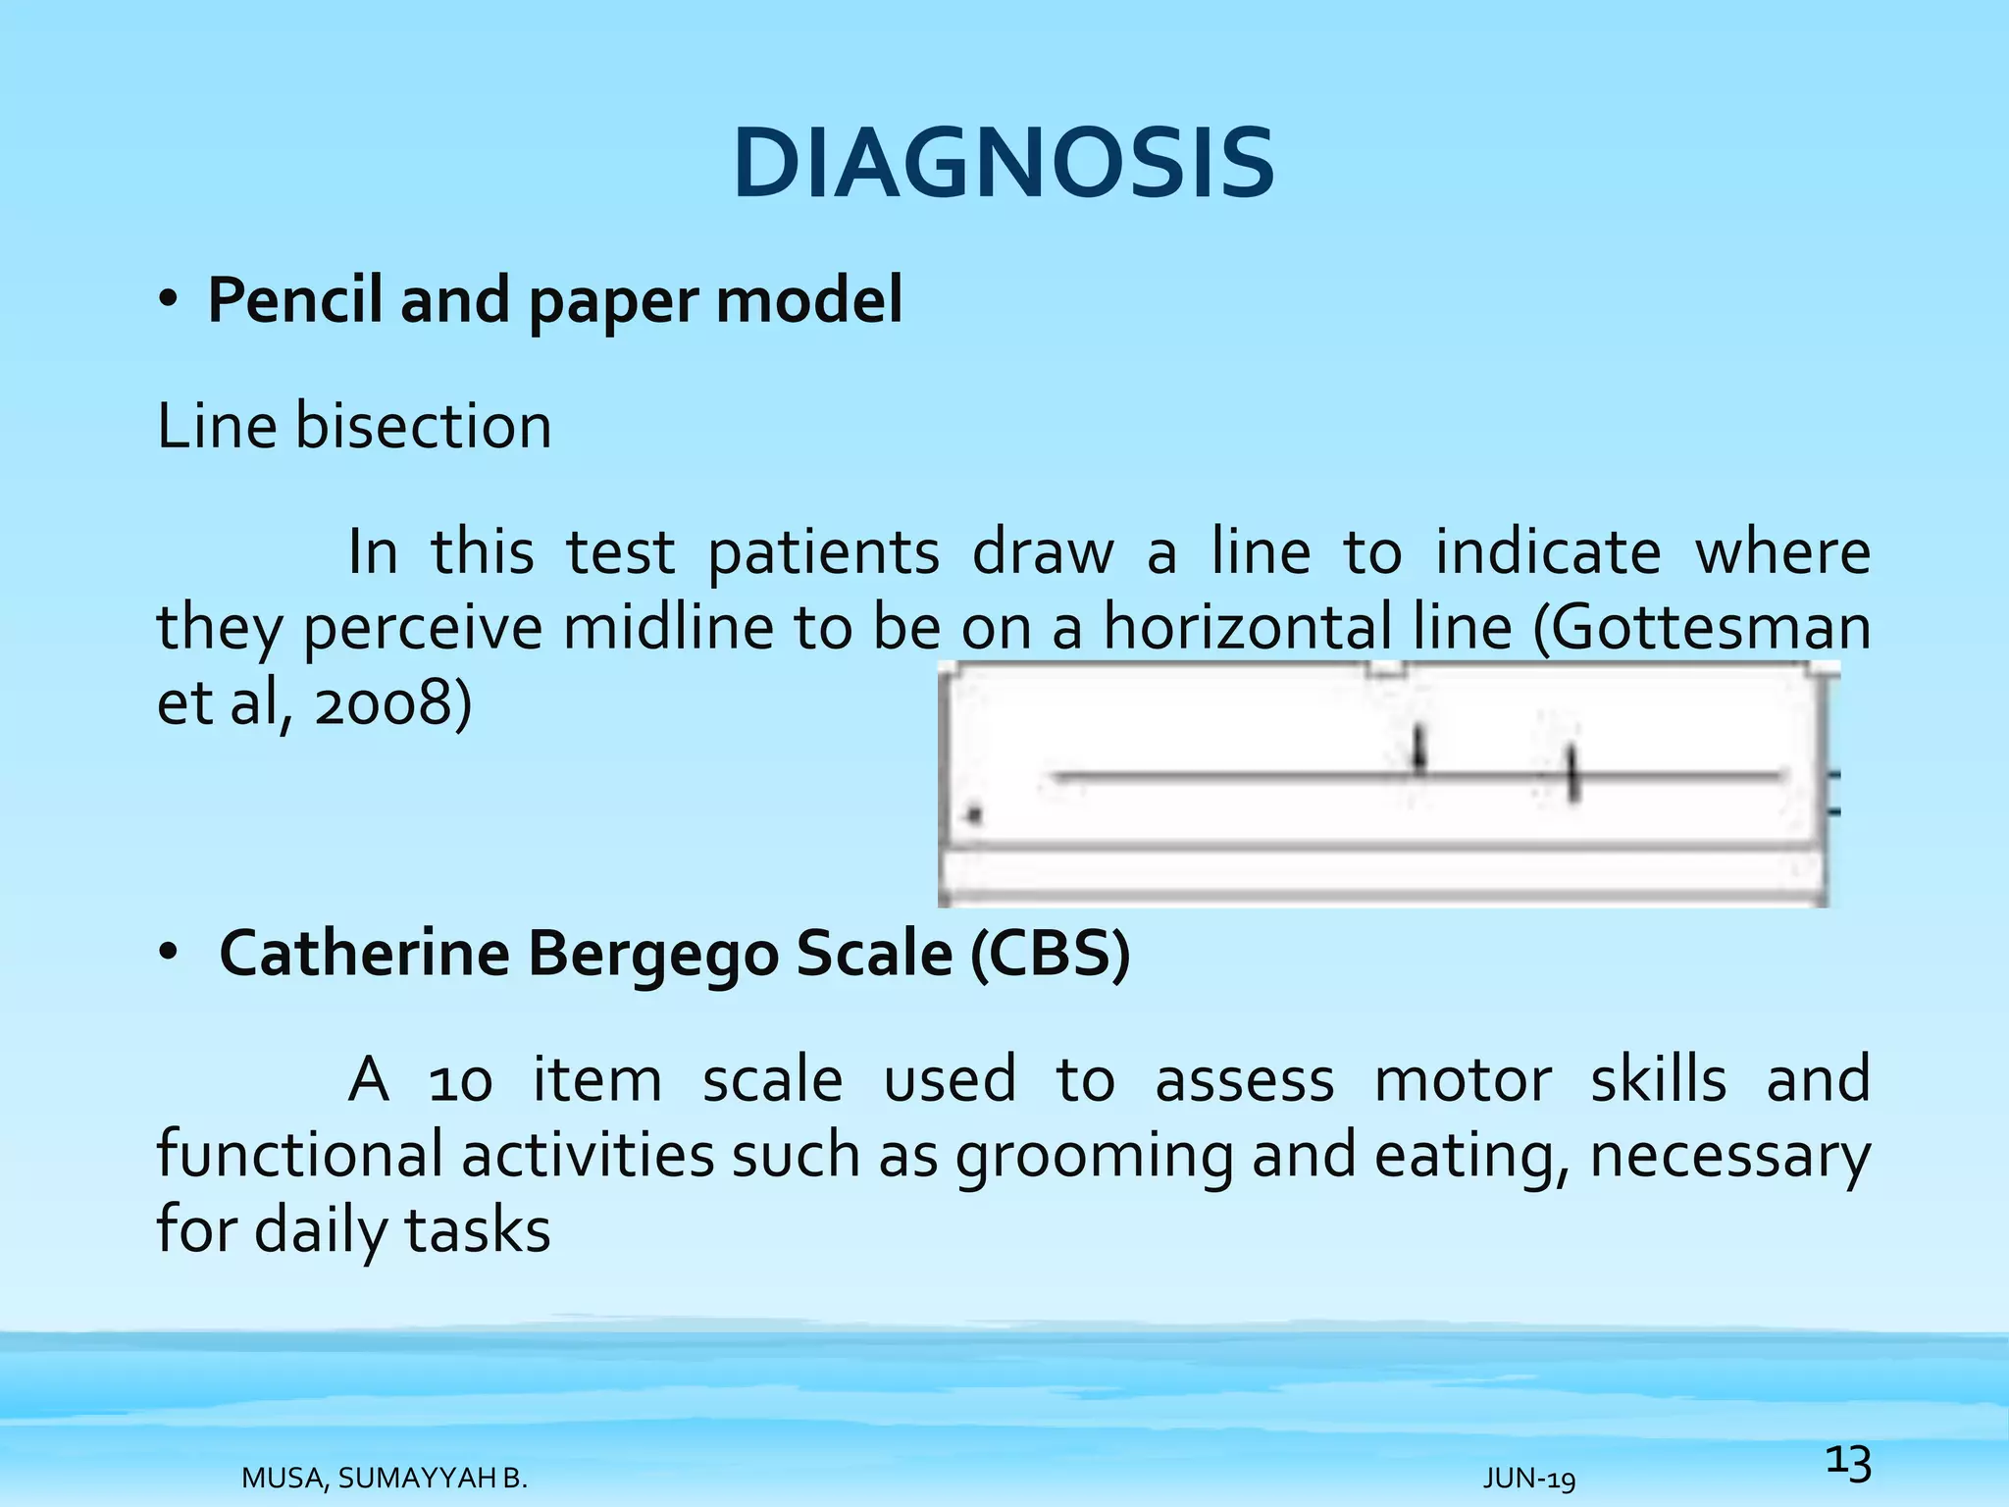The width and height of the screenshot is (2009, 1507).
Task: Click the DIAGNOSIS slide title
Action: pyautogui.click(x=1004, y=164)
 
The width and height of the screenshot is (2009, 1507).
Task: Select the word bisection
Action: pyautogui.click(x=423, y=428)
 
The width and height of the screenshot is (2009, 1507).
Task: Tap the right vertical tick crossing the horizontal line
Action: pyautogui.click(x=1573, y=774)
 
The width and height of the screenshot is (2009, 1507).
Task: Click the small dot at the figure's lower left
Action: pyautogui.click(x=974, y=814)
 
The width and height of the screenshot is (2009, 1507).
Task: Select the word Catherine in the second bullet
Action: pyautogui.click(x=364, y=954)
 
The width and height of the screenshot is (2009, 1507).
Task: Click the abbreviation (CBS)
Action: pyautogui.click(x=1051, y=954)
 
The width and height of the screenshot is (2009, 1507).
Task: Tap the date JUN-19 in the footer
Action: pyautogui.click(x=1529, y=1479)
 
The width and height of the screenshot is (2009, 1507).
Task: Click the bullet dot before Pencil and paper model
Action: pyautogui.click(x=168, y=300)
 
